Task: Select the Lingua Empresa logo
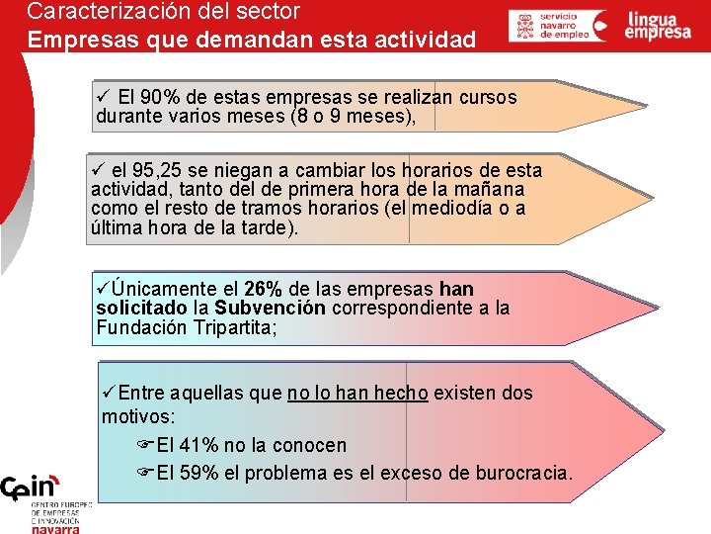coord(658,26)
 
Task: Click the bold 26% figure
coord(263,290)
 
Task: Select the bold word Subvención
coord(271,309)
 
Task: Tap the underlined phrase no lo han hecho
coord(357,394)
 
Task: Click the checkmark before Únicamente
coord(104,289)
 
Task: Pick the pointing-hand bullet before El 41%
coord(145,446)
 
